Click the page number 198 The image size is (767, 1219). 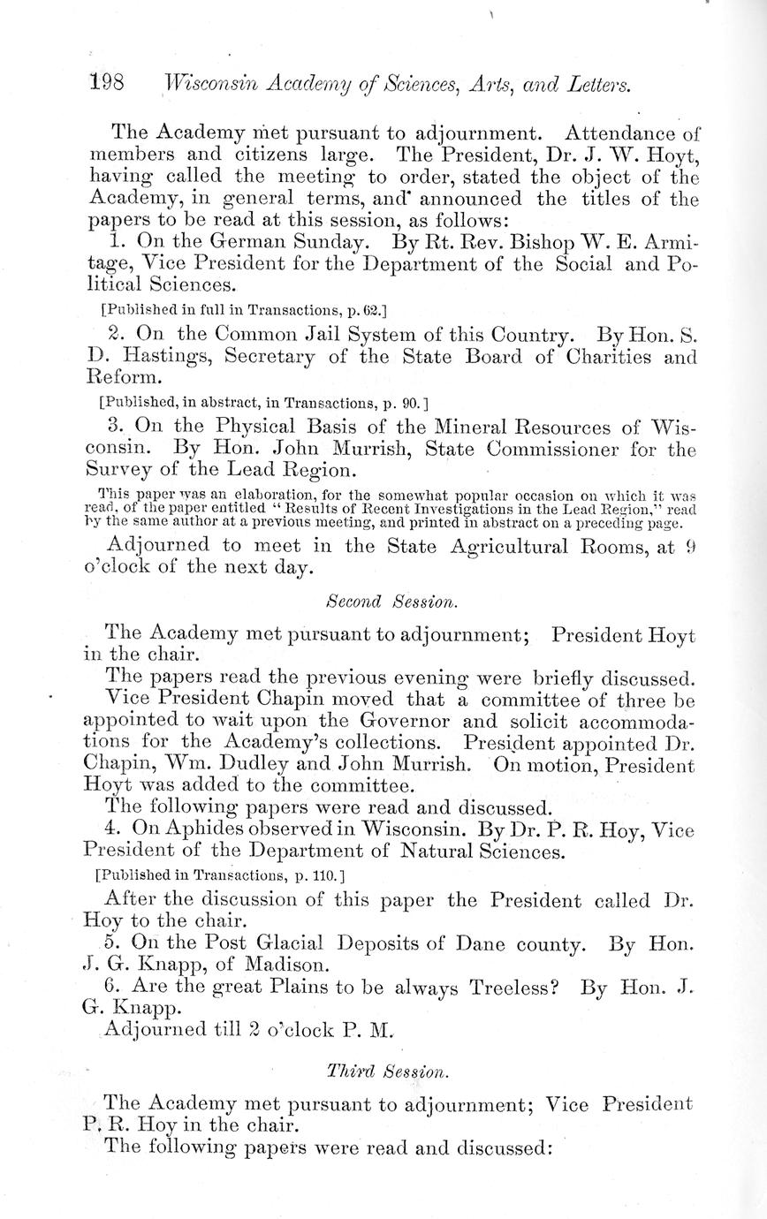pos(106,84)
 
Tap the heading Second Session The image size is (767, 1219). pos(391,602)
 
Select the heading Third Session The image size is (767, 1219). pos(388,1071)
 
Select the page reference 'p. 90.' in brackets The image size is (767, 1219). pos(406,403)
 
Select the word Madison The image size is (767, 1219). pos(286,965)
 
